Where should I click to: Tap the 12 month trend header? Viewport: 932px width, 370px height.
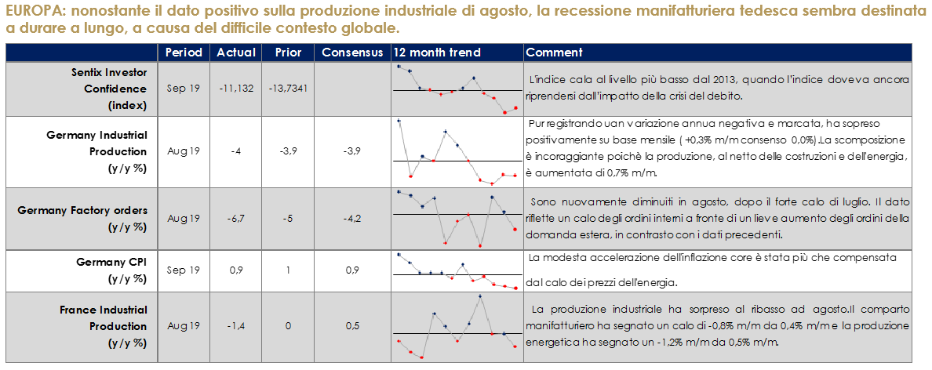[437, 53]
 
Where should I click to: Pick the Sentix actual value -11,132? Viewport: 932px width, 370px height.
[237, 89]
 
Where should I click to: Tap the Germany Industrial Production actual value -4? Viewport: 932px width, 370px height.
[236, 151]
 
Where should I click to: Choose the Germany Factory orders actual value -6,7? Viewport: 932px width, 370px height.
[236, 218]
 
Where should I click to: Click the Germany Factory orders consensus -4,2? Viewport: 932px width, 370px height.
[352, 218]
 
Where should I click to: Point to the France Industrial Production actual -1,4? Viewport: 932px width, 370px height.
[236, 325]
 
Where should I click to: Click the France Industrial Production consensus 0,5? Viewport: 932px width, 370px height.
[352, 325]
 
